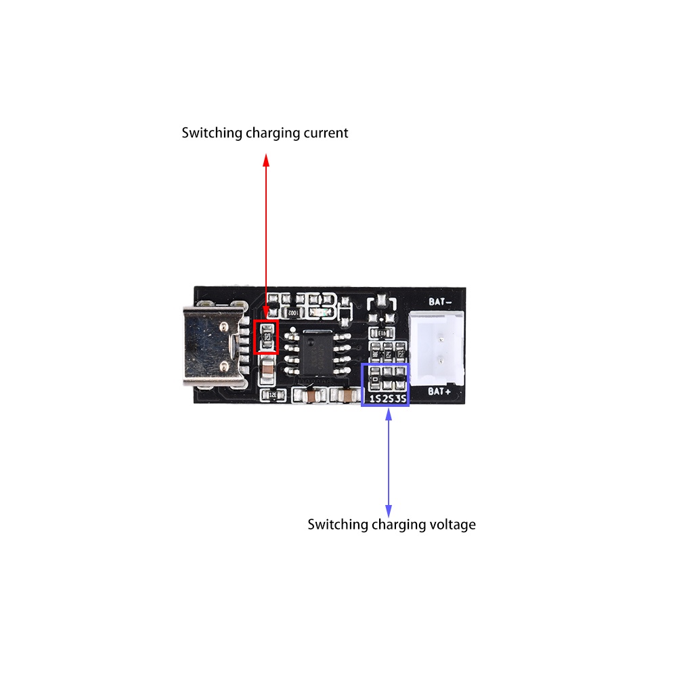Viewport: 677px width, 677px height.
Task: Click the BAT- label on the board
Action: coord(441,301)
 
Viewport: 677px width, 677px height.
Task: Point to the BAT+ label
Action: coord(441,392)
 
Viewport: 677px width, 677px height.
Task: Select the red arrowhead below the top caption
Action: coord(266,160)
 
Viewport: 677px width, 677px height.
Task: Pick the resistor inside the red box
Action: coord(267,336)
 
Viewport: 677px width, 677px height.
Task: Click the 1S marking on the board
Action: coord(373,399)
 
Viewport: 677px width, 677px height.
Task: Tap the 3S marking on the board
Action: coord(401,399)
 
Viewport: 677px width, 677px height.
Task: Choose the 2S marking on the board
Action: coord(387,399)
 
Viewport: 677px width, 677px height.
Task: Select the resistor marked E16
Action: coord(382,333)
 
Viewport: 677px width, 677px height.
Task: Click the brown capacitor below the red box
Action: coord(268,369)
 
